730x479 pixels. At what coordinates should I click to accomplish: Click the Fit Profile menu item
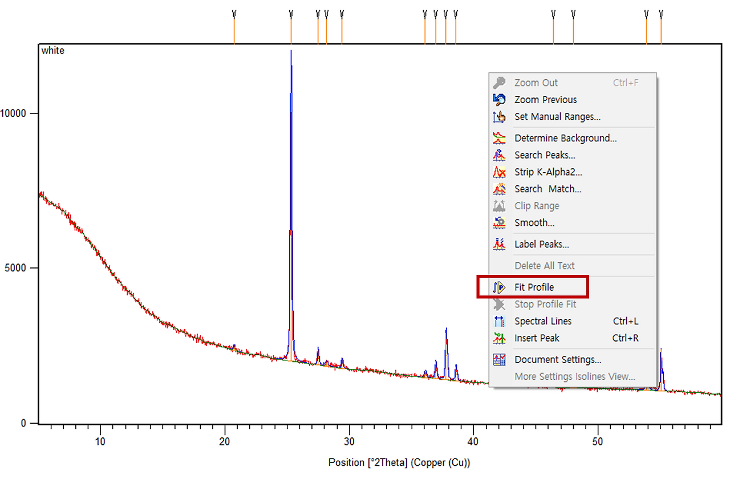(x=534, y=287)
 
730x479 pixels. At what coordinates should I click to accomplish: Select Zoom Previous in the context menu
(x=545, y=100)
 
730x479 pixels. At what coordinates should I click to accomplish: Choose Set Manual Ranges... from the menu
(x=557, y=117)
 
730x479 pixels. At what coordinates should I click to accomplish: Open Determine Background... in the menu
(x=565, y=138)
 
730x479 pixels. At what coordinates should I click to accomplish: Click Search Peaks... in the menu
(x=545, y=155)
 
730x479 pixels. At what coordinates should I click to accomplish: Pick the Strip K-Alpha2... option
(x=548, y=172)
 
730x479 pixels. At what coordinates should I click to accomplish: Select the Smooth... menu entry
(x=534, y=223)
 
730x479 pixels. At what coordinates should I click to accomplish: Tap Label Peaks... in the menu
(x=542, y=245)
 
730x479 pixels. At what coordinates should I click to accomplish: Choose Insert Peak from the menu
(x=537, y=338)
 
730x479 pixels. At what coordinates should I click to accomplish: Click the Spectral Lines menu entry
(x=543, y=321)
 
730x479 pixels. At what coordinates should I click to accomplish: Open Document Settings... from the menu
(x=558, y=360)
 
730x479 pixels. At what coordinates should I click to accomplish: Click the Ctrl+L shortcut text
(x=626, y=321)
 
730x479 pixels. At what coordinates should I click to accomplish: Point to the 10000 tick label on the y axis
(x=13, y=113)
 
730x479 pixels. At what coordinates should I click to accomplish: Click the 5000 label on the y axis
(x=15, y=268)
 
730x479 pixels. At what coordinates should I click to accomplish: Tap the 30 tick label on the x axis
(x=349, y=441)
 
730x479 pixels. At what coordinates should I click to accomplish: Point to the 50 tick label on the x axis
(x=597, y=441)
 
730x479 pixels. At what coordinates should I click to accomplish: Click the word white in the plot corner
(x=53, y=51)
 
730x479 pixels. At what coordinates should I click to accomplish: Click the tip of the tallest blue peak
(x=291, y=50)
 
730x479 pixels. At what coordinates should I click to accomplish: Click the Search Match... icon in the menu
(x=499, y=189)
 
